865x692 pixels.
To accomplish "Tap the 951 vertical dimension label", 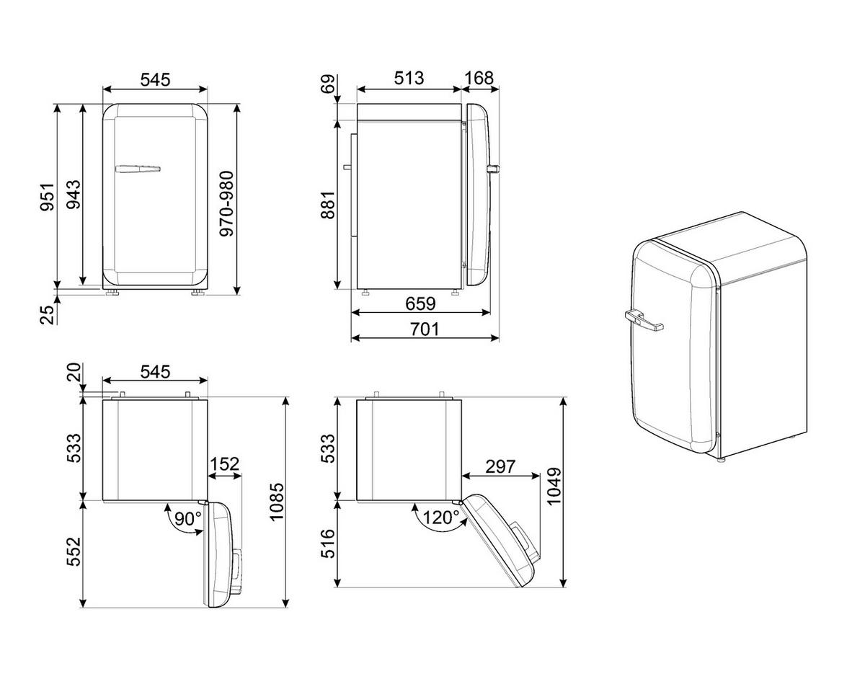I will click(x=47, y=197).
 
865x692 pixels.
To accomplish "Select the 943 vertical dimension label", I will click(x=73, y=195).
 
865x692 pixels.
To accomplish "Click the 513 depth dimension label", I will click(x=409, y=78).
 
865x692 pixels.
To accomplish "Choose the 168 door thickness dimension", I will click(x=479, y=78).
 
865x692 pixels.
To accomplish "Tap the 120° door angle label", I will click(x=440, y=518).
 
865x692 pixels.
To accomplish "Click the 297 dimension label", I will click(x=500, y=466).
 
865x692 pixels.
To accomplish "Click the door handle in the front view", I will click(x=137, y=169).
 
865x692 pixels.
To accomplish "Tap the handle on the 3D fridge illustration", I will click(x=644, y=319).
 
